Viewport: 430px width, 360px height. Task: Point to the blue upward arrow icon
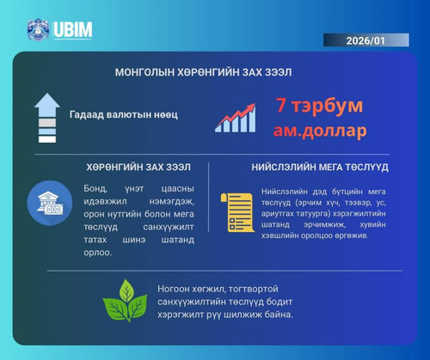point(46,118)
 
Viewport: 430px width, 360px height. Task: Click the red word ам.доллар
point(320,131)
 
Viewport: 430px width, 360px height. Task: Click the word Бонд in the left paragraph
point(97,187)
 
